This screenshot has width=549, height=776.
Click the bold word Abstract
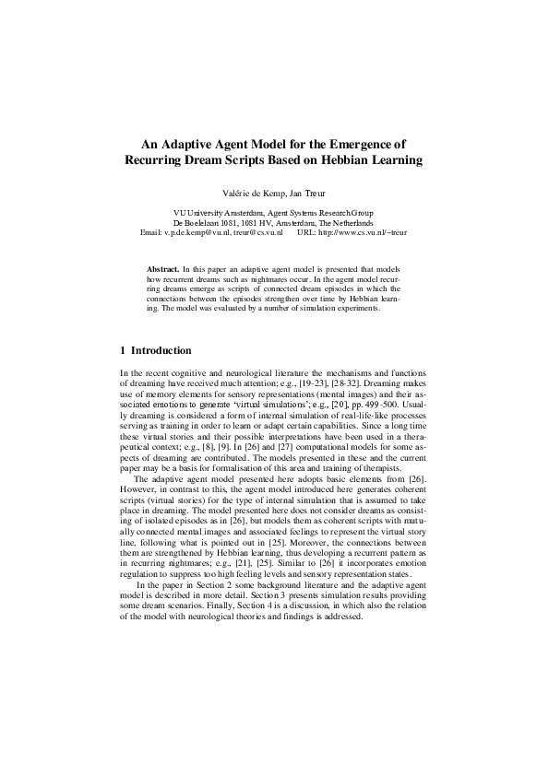click(x=163, y=268)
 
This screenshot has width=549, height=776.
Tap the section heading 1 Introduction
click(x=157, y=351)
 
